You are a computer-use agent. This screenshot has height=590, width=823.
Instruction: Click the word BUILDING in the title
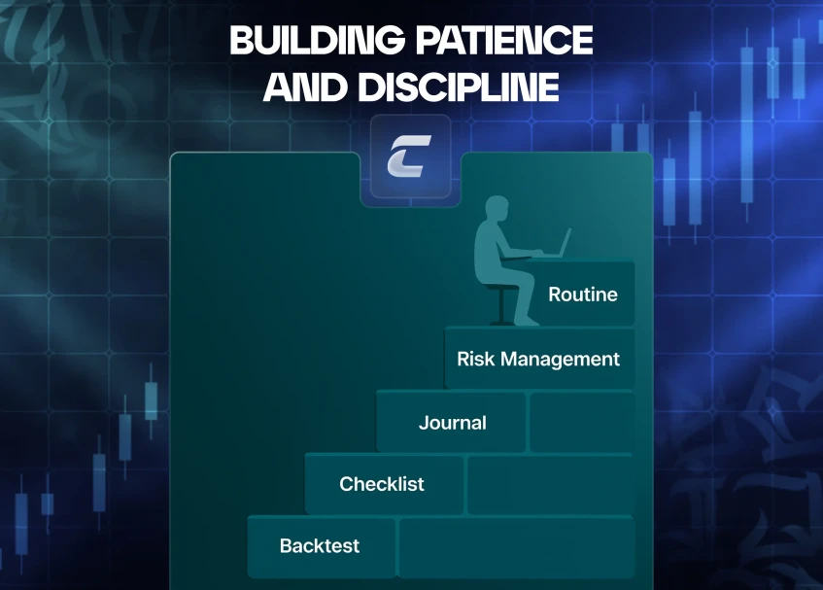[317, 40]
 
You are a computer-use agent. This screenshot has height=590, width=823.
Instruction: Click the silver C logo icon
[409, 156]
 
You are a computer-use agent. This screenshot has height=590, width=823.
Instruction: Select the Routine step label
[583, 295]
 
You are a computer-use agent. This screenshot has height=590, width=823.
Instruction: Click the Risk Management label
[538, 360]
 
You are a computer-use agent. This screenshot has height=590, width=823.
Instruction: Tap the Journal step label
[453, 423]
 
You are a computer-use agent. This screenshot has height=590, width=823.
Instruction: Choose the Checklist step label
[382, 484]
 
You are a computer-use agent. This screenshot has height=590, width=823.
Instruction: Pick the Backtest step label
[320, 546]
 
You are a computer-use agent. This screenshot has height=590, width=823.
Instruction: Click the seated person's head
[497, 208]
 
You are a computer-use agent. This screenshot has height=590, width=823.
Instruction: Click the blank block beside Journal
[582, 422]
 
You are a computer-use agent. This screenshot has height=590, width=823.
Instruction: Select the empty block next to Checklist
[550, 484]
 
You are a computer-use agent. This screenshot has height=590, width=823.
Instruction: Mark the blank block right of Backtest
[517, 547]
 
